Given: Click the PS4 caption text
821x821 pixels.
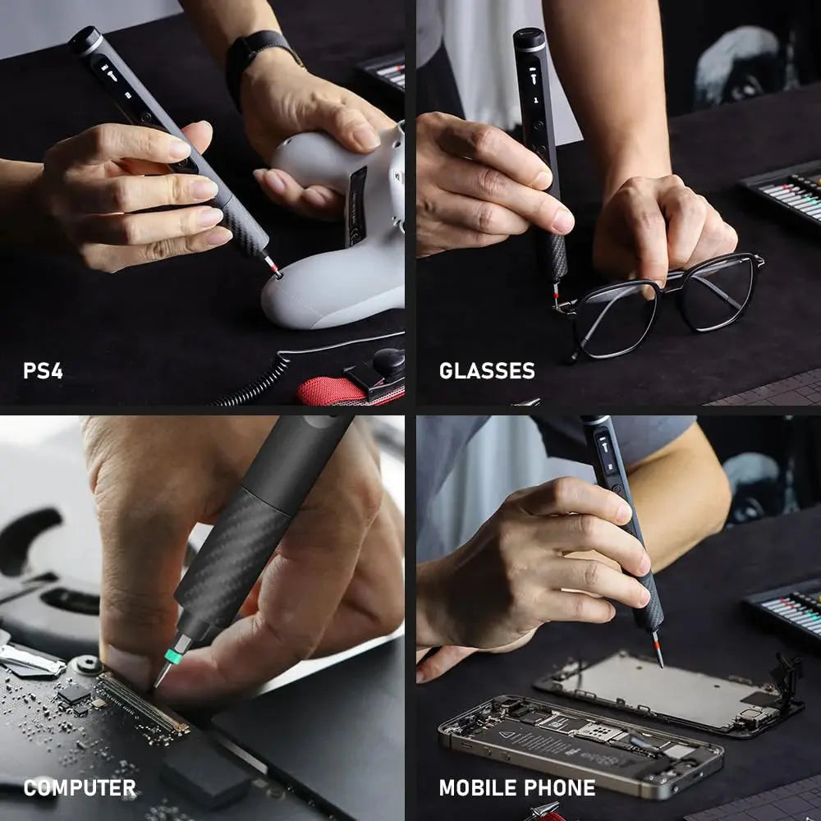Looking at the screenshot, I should (x=43, y=370).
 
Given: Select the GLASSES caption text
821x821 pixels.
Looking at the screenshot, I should (x=487, y=370).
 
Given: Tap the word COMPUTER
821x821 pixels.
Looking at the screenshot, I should (x=80, y=788).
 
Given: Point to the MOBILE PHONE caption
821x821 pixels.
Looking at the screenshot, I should (x=517, y=788).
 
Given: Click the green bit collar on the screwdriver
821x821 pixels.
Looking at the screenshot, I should (x=173, y=655).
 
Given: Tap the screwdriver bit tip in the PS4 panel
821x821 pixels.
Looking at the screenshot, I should (x=273, y=268).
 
